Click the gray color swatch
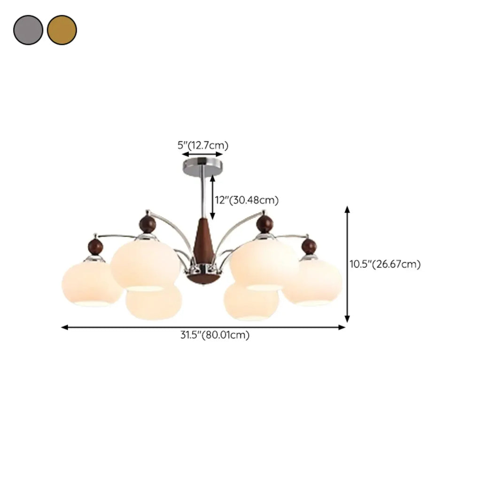(28, 30)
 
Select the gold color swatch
(62, 30)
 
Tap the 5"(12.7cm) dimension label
(203, 145)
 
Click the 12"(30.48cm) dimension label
(247, 200)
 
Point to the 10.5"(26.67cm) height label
(385, 264)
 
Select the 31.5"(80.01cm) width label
(215, 334)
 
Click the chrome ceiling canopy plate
(202, 167)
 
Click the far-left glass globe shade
(92, 283)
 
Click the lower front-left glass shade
(154, 302)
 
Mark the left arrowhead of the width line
(64, 327)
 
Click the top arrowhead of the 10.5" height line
(347, 209)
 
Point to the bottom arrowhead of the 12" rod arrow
(212, 217)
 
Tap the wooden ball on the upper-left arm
(147, 223)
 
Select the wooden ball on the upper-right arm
(264, 223)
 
